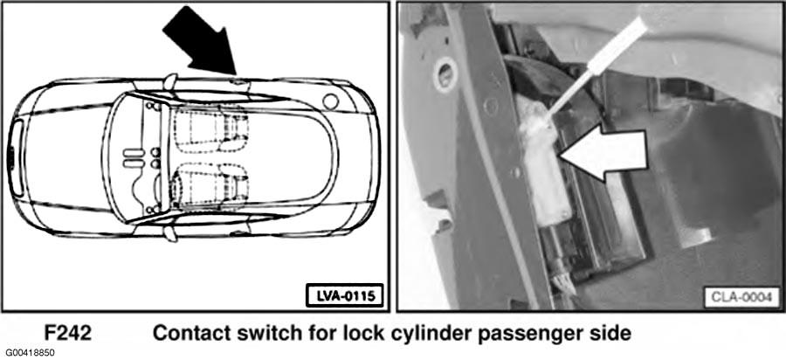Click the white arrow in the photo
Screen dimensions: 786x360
[x=603, y=156]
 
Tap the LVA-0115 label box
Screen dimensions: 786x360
[x=344, y=295]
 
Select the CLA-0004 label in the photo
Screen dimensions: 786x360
[x=741, y=297]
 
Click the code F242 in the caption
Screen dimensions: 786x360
[x=67, y=333]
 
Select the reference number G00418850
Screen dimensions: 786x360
[x=29, y=352]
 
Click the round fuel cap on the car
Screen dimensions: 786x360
[x=331, y=101]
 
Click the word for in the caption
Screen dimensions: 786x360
[x=306, y=333]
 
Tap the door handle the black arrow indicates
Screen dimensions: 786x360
[x=238, y=80]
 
